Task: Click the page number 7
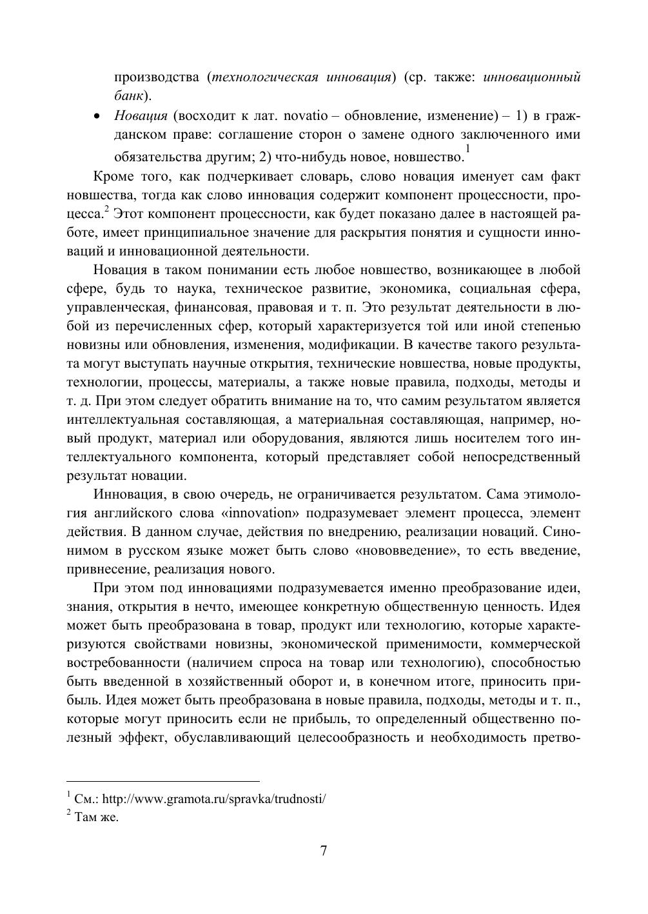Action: point(324,851)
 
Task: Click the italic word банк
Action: point(128,97)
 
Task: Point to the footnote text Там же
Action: point(97,817)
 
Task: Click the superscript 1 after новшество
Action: point(467,149)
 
